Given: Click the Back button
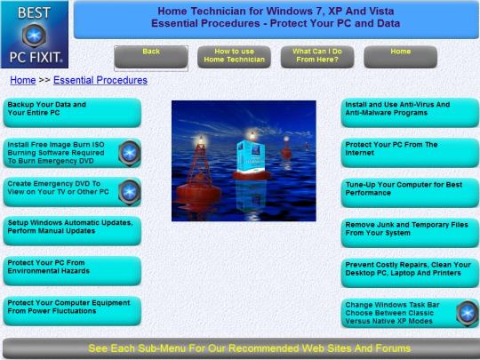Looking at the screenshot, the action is [x=151, y=57].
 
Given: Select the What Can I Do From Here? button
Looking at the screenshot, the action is [x=317, y=57].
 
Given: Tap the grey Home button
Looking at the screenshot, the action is [x=400, y=57].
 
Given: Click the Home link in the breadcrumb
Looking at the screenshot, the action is [x=23, y=80].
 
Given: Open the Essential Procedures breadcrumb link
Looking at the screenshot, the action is [x=100, y=80].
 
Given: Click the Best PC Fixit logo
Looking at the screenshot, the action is [x=35, y=35].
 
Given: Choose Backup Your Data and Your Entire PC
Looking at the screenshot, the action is [x=72, y=112].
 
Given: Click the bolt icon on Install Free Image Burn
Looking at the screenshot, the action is [x=130, y=153].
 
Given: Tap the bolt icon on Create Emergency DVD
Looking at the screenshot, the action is [x=130, y=192].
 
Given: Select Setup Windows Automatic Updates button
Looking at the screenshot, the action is [x=72, y=231].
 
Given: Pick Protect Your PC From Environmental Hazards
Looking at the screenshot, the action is [x=72, y=271].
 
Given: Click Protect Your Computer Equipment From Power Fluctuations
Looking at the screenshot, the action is [x=72, y=311].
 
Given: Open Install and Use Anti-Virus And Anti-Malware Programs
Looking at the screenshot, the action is [x=410, y=112].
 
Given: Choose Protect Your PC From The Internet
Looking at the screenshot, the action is [x=410, y=153].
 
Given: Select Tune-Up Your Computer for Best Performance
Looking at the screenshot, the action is [x=410, y=193].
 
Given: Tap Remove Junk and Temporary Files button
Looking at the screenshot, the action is [x=410, y=233].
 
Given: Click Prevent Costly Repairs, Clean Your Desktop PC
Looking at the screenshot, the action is [x=410, y=273].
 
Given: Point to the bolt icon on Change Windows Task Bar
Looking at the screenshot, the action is [x=468, y=314].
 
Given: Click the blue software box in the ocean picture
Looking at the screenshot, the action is [x=251, y=156].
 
